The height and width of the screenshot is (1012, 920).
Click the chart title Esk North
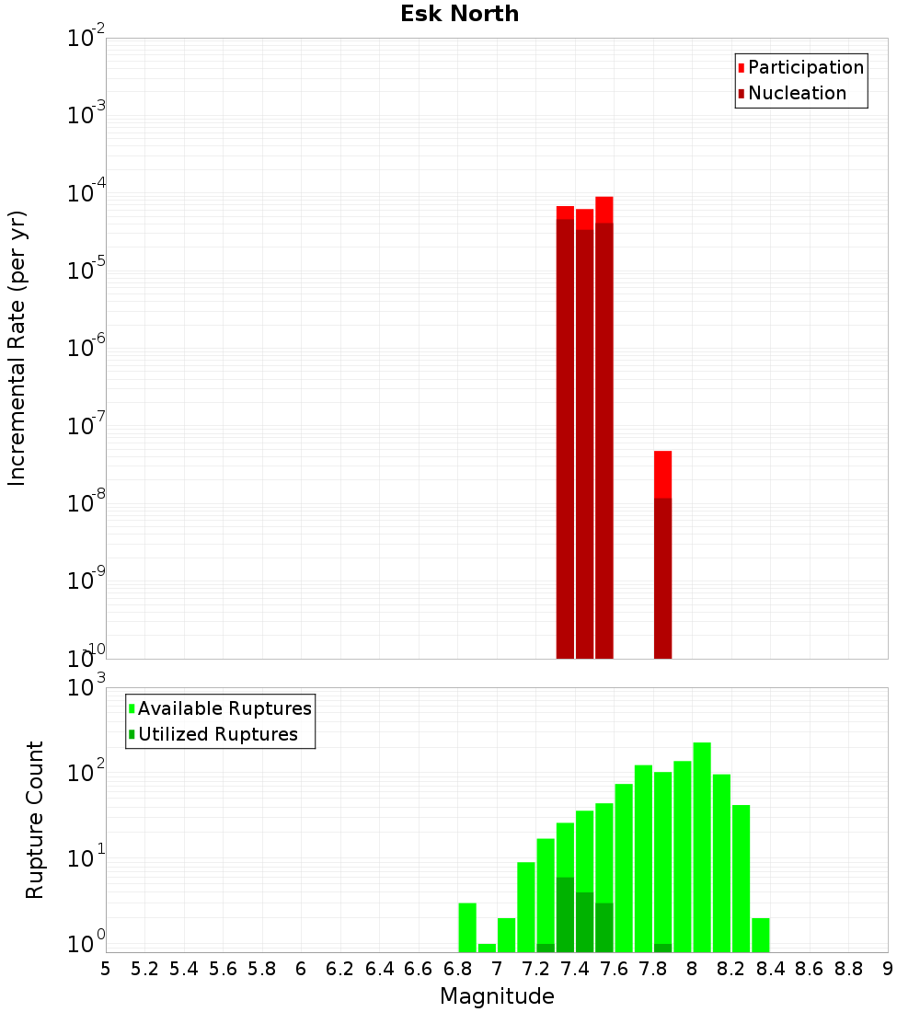point(459,15)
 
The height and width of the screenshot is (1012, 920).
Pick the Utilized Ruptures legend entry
point(217,734)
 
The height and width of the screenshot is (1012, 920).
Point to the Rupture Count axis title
point(35,820)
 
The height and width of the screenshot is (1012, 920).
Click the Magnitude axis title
point(497,996)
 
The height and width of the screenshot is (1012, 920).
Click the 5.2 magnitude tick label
point(144,969)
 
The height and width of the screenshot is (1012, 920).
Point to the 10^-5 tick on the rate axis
point(86,270)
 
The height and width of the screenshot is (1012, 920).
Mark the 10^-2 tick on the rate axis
point(86,39)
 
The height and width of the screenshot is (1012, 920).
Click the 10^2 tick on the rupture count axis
point(86,773)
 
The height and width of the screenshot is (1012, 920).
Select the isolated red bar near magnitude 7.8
point(662,552)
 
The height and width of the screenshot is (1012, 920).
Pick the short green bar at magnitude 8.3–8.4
point(760,935)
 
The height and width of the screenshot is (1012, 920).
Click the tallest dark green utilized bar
point(565,914)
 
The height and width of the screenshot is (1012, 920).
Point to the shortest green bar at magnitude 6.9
point(487,948)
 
